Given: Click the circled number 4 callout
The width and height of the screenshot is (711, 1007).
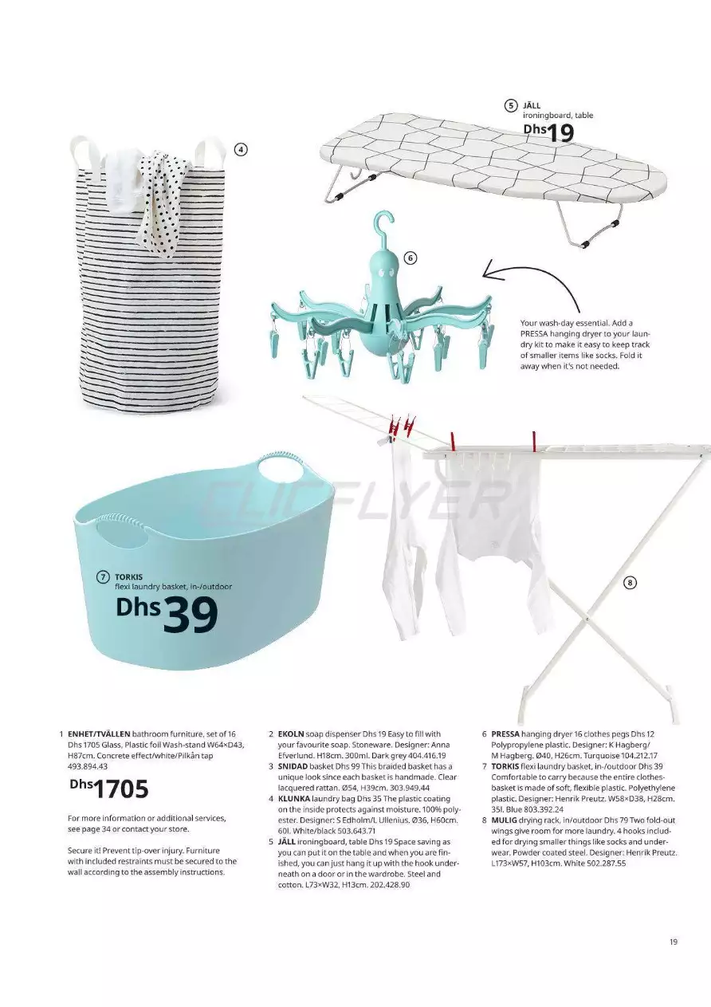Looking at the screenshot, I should [240, 148].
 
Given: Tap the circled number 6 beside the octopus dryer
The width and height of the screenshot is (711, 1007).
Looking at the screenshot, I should [410, 258].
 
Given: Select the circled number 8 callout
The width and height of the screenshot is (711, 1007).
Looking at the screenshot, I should [629, 583].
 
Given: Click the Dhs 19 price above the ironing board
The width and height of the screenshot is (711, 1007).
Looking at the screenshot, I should [549, 132].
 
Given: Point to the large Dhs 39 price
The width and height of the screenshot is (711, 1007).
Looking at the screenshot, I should [167, 614].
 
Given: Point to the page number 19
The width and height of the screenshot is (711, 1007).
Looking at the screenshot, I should [674, 942].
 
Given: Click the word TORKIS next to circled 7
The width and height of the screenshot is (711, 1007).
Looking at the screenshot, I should [128, 576].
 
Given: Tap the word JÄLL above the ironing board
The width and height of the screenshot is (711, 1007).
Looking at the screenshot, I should [531, 105].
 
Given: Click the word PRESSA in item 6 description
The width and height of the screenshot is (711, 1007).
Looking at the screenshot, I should [505, 733].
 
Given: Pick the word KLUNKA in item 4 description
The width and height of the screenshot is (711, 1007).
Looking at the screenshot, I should [293, 798].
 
